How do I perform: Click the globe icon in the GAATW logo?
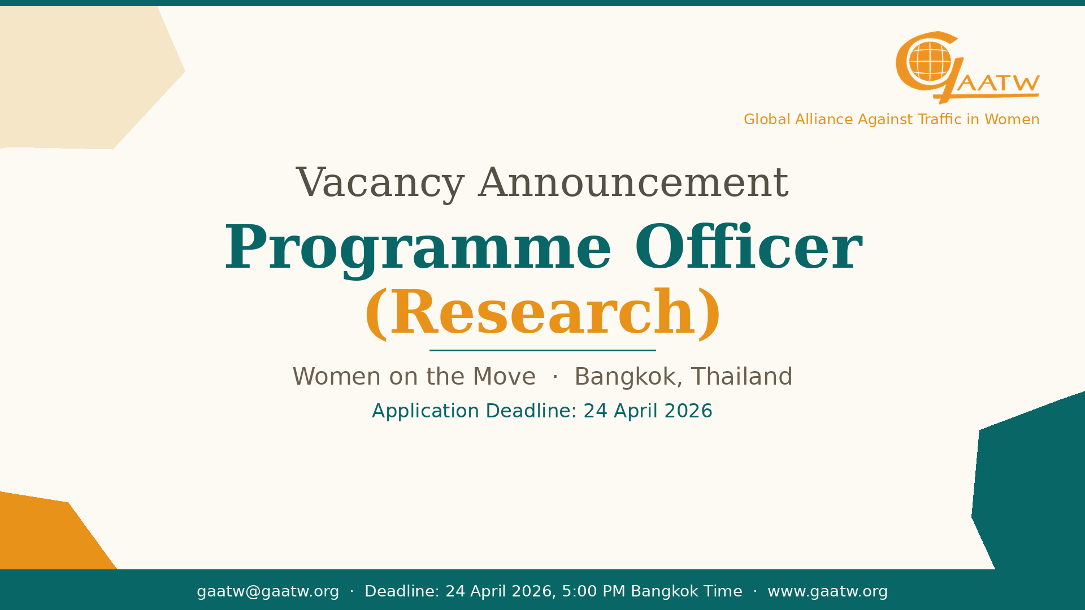click(x=930, y=62)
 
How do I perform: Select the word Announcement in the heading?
click(x=633, y=183)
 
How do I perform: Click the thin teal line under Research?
click(x=542, y=350)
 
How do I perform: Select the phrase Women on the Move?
click(x=414, y=377)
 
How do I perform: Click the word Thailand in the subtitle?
click(x=742, y=377)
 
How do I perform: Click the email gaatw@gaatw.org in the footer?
click(x=268, y=591)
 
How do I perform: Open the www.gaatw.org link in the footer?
click(x=828, y=591)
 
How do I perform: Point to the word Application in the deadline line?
click(x=426, y=412)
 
